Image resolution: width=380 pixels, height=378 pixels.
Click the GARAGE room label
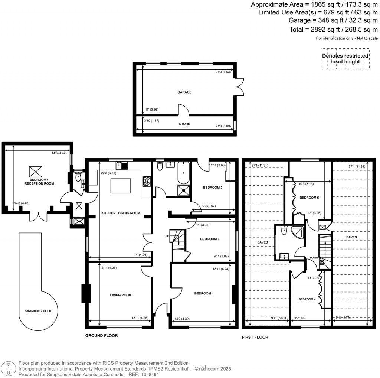click(184, 92)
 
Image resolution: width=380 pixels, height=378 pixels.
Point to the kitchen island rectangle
click(121, 185)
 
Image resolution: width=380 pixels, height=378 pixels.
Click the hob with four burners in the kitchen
click(146, 181)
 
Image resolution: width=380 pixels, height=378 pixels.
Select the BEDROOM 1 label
click(204, 293)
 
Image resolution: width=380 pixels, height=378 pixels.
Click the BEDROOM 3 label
click(210, 239)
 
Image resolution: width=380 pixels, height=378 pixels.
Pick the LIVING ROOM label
click(121, 295)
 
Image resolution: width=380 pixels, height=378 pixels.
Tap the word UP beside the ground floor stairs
click(167, 236)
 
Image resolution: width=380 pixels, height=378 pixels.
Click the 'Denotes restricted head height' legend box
click(345, 59)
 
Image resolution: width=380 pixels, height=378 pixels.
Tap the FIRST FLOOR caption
click(255, 337)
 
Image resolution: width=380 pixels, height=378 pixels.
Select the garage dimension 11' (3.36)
click(151, 110)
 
